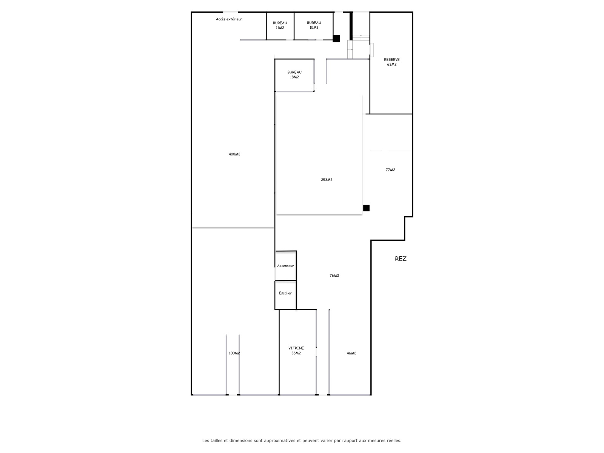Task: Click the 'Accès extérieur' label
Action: pyautogui.click(x=229, y=19)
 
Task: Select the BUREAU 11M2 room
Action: pyautogui.click(x=280, y=26)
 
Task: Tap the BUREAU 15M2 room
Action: pyautogui.click(x=314, y=26)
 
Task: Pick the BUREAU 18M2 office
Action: pyautogui.click(x=294, y=75)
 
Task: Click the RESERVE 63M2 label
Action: pyautogui.click(x=391, y=62)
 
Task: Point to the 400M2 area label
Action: pyautogui.click(x=234, y=154)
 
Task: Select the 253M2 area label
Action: pyautogui.click(x=327, y=180)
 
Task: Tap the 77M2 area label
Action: pyautogui.click(x=390, y=170)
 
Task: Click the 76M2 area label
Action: pyautogui.click(x=334, y=276)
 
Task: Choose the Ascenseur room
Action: pyautogui.click(x=286, y=266)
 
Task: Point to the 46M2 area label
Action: pyautogui.click(x=351, y=353)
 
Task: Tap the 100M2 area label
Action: pyautogui.click(x=234, y=353)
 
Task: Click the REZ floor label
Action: pyautogui.click(x=401, y=259)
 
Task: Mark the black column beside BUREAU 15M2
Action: pyautogui.click(x=336, y=39)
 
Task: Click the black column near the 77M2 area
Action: pyautogui.click(x=366, y=208)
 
